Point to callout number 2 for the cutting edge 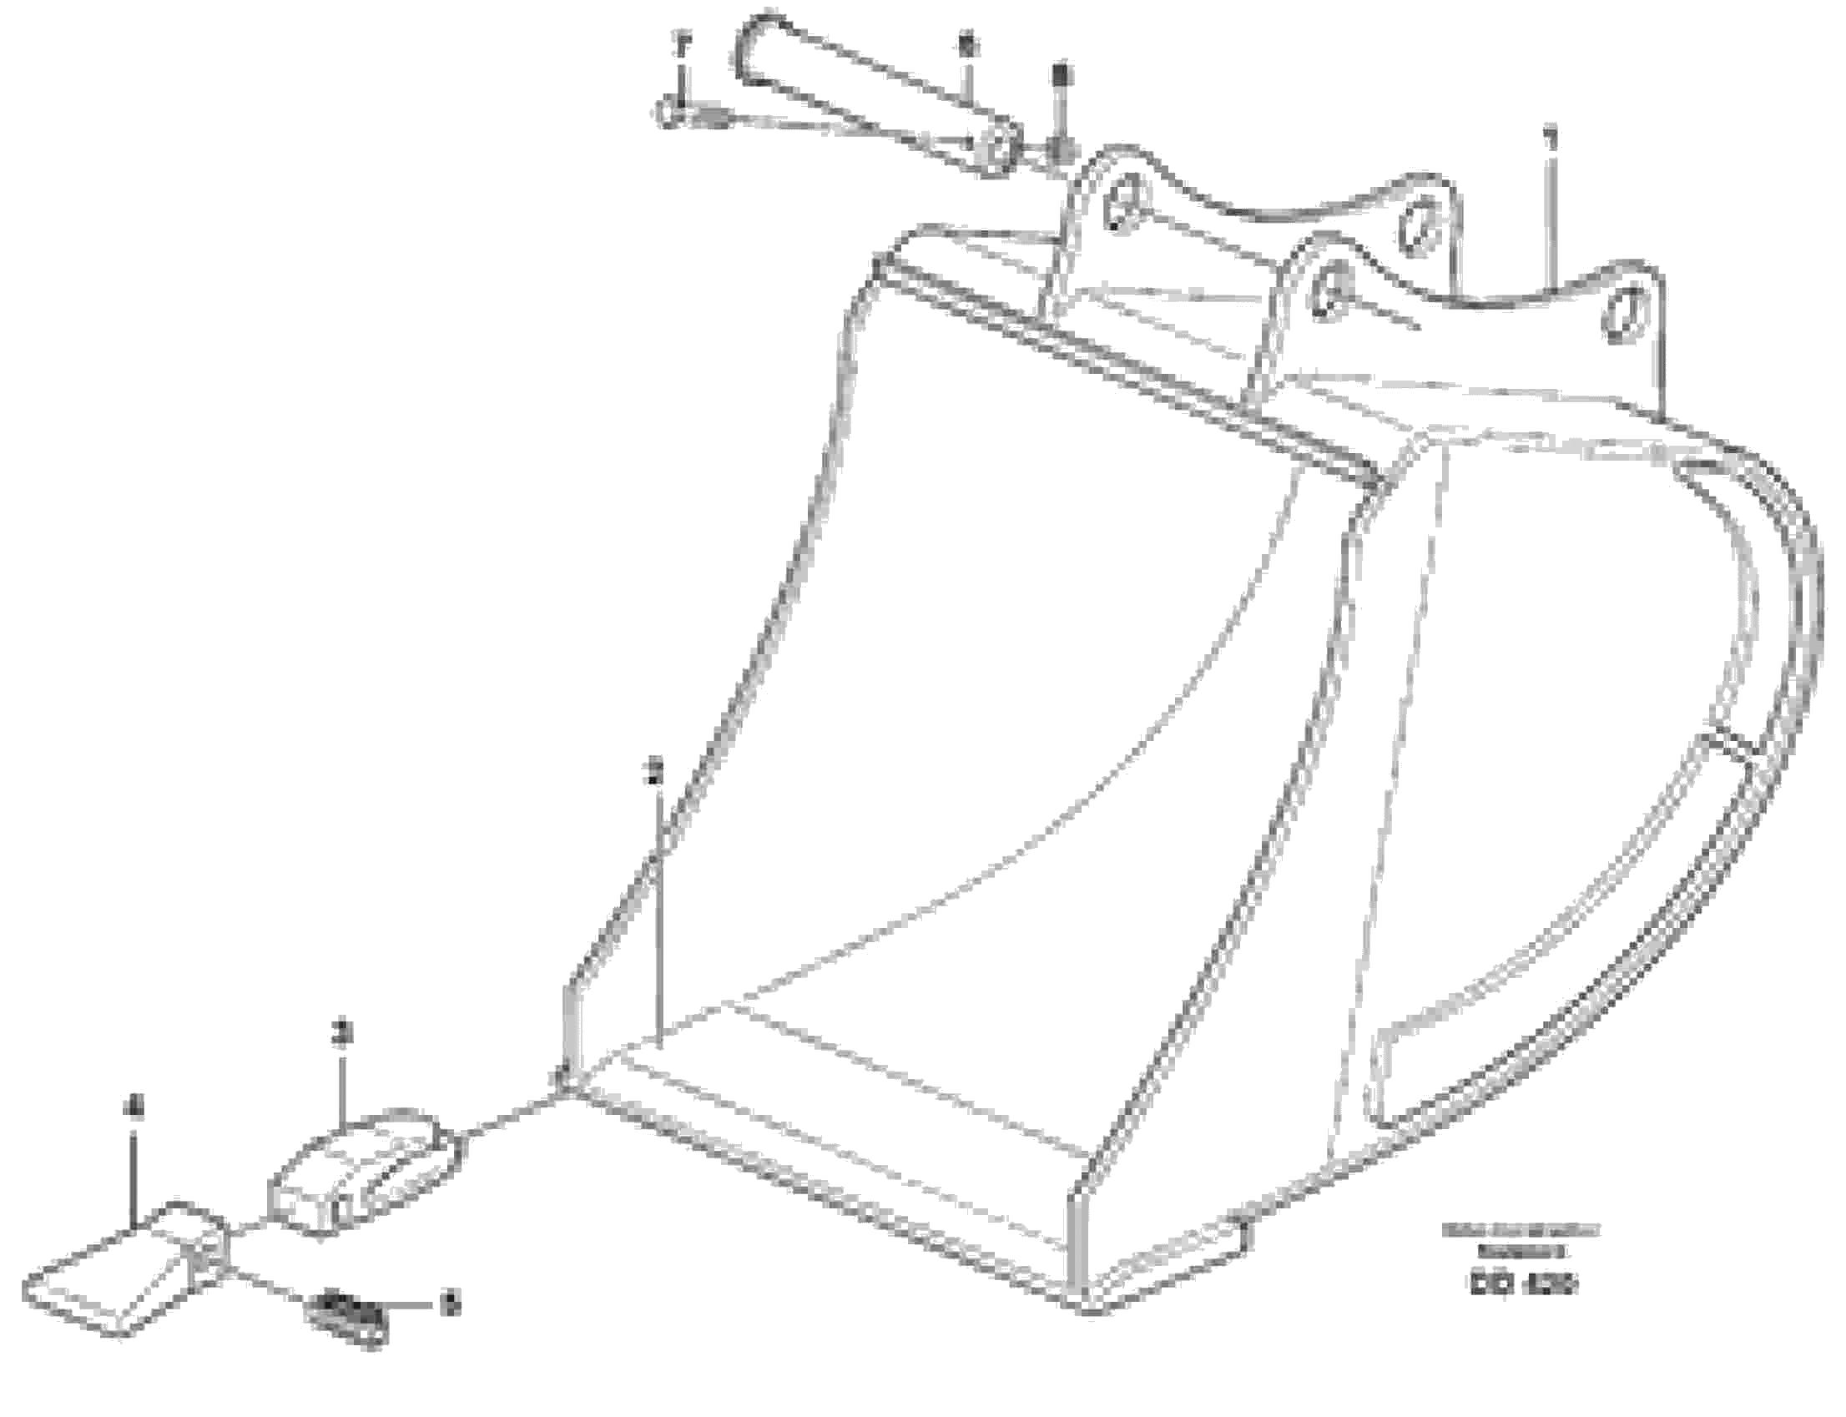657,768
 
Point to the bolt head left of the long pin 670,113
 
